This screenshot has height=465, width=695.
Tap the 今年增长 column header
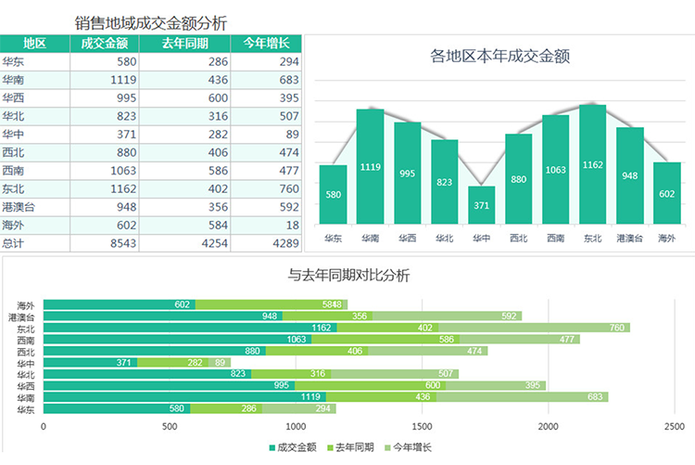266,44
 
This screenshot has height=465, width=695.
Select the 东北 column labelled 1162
592,164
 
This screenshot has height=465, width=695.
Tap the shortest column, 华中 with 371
481,205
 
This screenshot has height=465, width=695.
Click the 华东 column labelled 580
333,194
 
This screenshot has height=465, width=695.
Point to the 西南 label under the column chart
555,238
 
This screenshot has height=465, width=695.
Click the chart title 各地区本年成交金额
505,57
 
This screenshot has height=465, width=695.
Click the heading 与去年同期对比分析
348,275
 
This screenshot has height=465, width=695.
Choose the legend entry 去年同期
351,447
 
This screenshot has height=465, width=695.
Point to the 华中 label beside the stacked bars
26,363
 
